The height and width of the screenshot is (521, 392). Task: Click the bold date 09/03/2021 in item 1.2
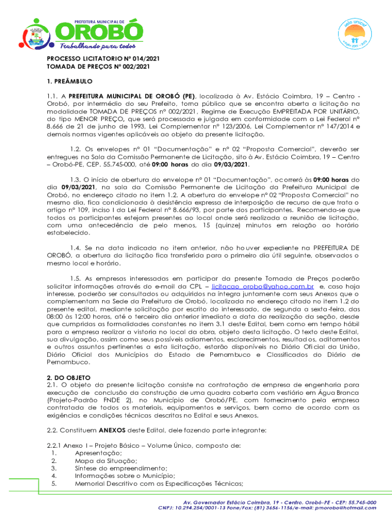tap(232, 164)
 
